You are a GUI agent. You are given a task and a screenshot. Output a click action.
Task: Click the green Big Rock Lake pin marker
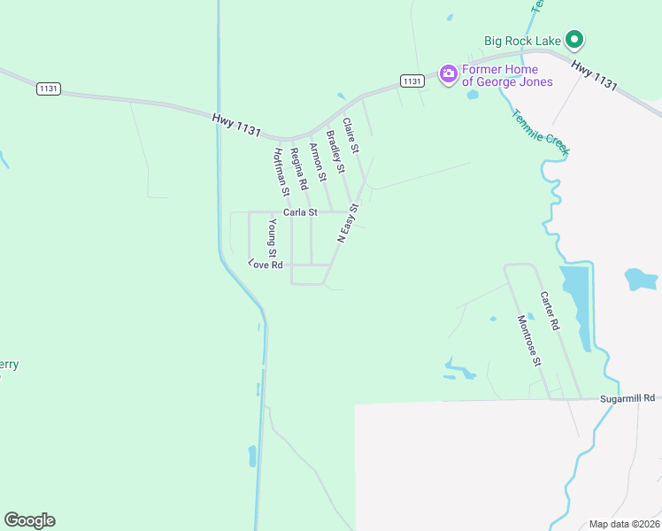[574, 40]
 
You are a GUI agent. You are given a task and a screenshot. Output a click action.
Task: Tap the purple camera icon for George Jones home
[449, 74]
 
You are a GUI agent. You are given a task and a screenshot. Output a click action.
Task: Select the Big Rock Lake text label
[523, 40]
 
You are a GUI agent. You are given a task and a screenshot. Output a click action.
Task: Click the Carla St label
[300, 212]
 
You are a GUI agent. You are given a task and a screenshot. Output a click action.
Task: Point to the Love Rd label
[266, 265]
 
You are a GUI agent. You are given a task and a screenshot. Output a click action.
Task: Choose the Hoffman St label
[281, 171]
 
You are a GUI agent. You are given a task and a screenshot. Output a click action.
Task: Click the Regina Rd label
[298, 168]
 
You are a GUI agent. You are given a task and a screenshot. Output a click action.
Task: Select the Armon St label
[318, 162]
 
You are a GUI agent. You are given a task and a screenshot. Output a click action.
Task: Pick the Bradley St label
[335, 151]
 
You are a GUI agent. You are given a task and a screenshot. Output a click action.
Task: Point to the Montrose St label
[528, 340]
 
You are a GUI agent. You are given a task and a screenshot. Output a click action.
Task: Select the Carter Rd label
[550, 312]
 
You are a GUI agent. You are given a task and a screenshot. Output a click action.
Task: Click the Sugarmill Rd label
[637, 398]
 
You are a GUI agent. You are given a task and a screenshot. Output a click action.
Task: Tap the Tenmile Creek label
[540, 133]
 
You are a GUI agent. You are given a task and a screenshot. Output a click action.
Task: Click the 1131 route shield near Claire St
[411, 81]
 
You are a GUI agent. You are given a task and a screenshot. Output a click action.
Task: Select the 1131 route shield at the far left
[49, 88]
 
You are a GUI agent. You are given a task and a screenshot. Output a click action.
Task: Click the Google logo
[29, 520]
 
